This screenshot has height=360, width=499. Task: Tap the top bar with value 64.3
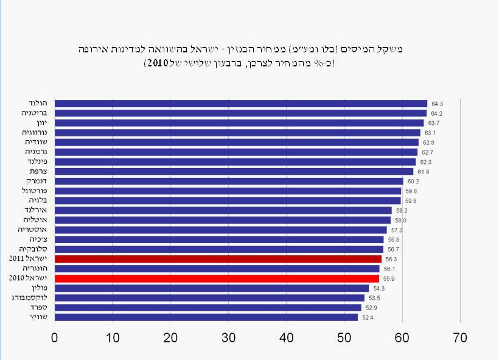[x=241, y=104]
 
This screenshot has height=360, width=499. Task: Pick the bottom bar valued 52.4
[x=206, y=317]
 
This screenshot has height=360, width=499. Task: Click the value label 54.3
[x=379, y=288]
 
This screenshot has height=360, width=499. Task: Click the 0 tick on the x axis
[x=55, y=337]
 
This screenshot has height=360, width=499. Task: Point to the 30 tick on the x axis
[x=228, y=337]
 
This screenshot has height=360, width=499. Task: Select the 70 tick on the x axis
[x=460, y=337]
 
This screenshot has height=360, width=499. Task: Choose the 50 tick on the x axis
[x=344, y=337]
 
